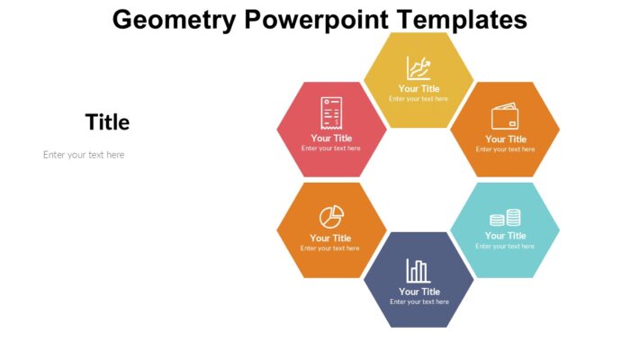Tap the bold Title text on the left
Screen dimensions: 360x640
107,122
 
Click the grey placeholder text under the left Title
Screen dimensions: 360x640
84,155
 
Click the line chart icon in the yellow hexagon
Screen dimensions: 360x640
419,67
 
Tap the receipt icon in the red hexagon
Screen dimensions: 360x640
331,115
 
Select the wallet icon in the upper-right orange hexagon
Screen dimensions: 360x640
504,117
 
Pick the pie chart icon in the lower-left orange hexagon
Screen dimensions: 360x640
331,216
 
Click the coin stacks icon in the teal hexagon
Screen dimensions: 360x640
505,218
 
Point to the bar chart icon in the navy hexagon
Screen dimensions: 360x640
418,270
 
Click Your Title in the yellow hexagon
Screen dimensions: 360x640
419,89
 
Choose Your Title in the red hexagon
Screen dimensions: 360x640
331,138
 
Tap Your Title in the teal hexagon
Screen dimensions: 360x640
505,236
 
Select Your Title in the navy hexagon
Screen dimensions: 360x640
419,292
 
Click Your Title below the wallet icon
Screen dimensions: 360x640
506,139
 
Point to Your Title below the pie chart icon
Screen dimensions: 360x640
330,238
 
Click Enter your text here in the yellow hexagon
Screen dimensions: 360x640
419,99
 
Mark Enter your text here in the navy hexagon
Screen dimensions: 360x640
419,302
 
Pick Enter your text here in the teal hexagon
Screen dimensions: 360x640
505,247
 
